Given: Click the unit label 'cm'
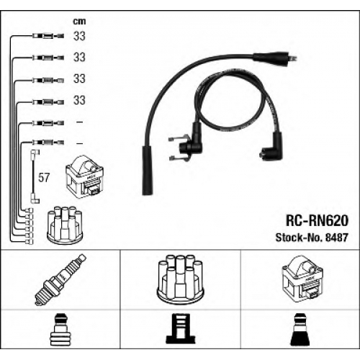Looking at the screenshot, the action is pos(79,22).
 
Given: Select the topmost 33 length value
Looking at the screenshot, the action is pos(79,36).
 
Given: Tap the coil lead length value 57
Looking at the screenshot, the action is pos(44,178).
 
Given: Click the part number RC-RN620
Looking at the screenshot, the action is pos(317,220).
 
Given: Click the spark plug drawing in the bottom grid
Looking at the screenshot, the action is pos(60,280).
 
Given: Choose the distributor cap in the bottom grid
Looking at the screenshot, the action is pos(181,280).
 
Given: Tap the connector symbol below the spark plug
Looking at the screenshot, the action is pos(59,330).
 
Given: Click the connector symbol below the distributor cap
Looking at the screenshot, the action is pos(180,328).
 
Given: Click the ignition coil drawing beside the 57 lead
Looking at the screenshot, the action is pos(85,177).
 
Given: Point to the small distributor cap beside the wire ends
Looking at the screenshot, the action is pos(65,225).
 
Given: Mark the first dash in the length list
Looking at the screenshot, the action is pos(79,122).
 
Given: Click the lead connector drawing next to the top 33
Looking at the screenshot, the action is pos(48,36).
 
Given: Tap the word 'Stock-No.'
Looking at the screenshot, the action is pos(299,238).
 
